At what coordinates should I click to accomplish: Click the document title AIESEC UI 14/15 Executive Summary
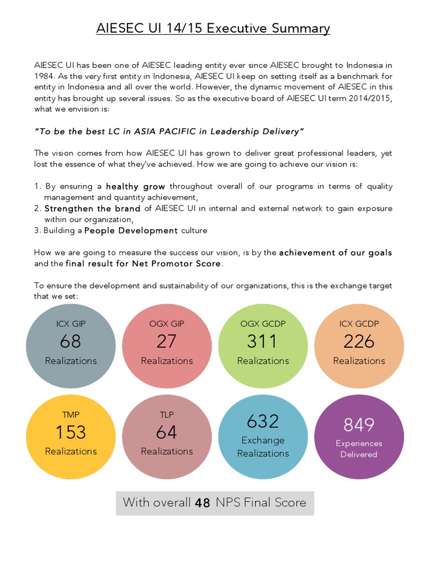213,28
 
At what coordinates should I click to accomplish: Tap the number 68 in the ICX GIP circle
71,342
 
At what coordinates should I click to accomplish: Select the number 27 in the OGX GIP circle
166,342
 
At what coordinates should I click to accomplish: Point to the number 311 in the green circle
262,342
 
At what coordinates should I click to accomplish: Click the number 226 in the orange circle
359,342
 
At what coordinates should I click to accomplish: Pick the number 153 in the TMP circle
71,432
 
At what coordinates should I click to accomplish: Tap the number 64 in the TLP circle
166,432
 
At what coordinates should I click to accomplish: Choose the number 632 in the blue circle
263,422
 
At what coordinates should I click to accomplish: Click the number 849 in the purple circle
359,424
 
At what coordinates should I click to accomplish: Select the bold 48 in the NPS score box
203,503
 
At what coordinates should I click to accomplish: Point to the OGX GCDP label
263,323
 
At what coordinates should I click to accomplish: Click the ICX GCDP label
359,323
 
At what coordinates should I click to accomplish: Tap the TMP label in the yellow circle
71,414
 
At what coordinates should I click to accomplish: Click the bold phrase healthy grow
135,186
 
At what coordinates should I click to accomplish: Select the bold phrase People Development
131,230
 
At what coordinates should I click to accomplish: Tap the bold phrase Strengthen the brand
92,208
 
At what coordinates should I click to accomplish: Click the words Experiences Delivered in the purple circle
359,449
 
